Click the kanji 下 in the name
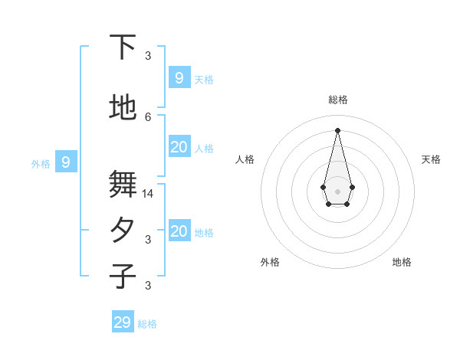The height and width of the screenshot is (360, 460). click(x=123, y=47)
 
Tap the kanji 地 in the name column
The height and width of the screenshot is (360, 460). click(x=123, y=108)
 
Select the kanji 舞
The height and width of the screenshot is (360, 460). click(x=123, y=185)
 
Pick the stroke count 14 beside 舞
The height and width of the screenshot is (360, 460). click(x=148, y=194)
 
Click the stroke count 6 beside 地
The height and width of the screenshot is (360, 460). click(x=148, y=116)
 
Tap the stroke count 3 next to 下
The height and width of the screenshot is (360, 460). click(x=148, y=56)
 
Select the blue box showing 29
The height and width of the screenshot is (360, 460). click(x=123, y=322)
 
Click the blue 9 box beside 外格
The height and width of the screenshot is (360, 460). click(x=66, y=162)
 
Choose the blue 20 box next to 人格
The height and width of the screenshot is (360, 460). click(x=179, y=147)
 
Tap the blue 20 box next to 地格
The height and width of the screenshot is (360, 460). click(x=179, y=231)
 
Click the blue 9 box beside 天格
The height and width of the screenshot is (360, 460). click(x=179, y=77)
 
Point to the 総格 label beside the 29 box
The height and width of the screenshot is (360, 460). click(x=147, y=324)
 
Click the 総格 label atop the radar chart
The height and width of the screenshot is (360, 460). click(x=338, y=100)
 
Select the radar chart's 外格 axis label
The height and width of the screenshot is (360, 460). click(x=270, y=262)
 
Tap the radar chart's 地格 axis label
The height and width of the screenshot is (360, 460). click(x=402, y=262)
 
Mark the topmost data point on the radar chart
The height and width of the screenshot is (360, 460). click(x=337, y=129)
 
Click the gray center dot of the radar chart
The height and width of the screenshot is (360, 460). click(x=337, y=191)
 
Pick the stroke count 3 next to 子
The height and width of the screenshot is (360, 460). click(x=148, y=286)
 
